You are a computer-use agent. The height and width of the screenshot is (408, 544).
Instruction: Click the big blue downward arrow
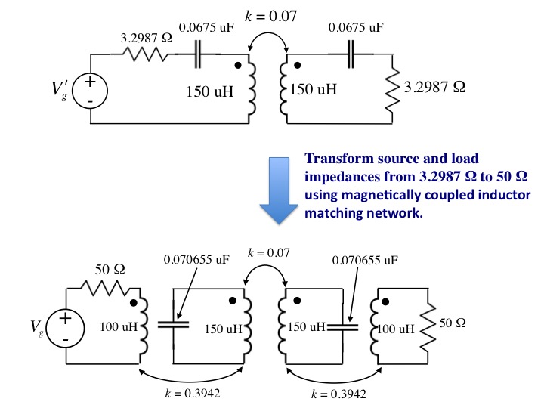[x=279, y=190]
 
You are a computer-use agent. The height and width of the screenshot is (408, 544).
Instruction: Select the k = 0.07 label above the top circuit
[x=270, y=16]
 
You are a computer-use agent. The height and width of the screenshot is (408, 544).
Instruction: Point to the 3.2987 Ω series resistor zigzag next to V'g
[x=146, y=54]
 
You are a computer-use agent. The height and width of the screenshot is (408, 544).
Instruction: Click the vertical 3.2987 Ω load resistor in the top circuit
[x=392, y=89]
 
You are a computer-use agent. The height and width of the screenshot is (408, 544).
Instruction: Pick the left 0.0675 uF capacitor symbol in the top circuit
[x=197, y=54]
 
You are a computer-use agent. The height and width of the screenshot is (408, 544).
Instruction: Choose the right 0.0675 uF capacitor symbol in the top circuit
[x=351, y=54]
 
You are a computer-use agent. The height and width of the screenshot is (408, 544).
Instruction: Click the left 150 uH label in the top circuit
[x=210, y=91]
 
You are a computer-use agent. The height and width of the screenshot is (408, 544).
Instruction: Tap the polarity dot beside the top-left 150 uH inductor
[x=238, y=65]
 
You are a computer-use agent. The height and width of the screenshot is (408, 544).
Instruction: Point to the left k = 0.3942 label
[x=193, y=393]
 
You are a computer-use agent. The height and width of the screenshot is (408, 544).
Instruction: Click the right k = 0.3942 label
[x=338, y=394]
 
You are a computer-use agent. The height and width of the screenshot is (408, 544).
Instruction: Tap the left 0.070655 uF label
[x=196, y=259]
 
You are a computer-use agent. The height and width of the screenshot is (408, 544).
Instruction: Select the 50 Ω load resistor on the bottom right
[x=428, y=327]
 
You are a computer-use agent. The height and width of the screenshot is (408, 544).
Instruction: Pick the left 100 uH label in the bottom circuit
[x=119, y=327]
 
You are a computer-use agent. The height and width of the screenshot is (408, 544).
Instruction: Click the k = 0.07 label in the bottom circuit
[x=268, y=252]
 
